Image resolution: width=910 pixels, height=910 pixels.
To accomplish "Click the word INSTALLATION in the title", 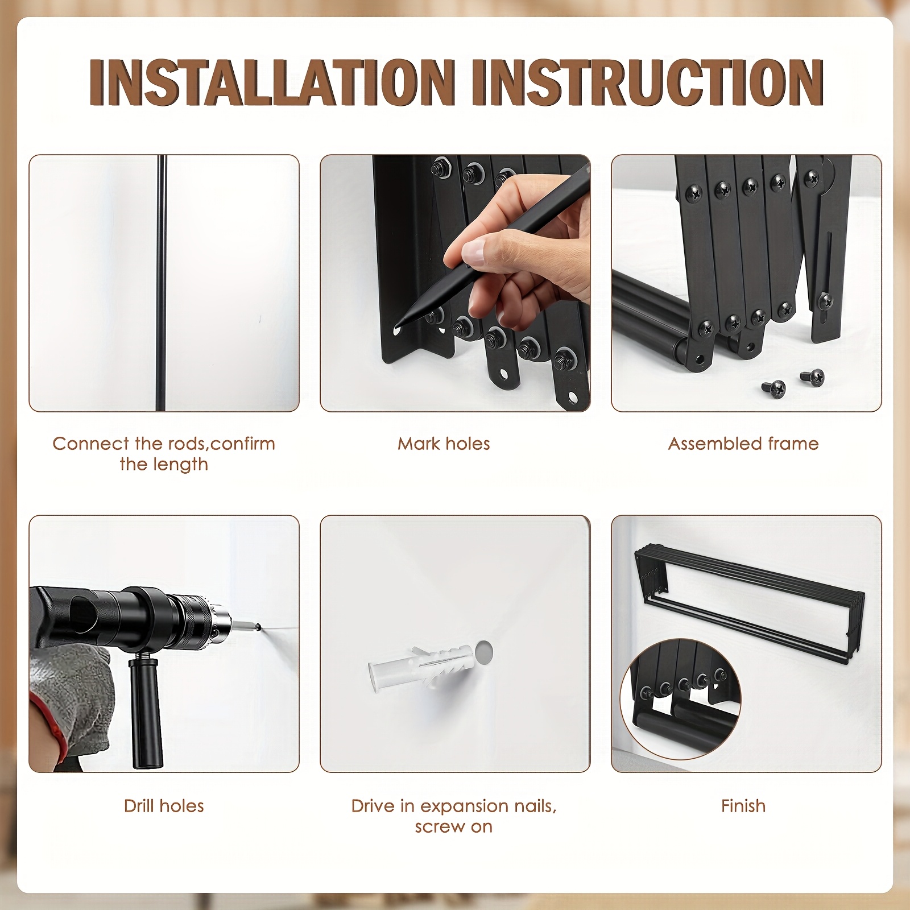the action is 272,82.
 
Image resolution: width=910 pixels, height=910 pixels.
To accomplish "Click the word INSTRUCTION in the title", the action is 648,82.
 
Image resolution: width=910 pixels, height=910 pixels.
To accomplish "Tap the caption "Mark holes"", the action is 444,444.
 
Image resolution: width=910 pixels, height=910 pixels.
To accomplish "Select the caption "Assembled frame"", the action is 743,444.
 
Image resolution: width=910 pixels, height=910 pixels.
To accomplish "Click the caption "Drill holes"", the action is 164,806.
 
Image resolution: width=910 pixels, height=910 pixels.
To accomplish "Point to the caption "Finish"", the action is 743,806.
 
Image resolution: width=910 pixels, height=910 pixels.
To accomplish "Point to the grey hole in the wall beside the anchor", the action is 484,652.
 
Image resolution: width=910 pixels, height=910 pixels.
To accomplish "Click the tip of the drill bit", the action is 259,627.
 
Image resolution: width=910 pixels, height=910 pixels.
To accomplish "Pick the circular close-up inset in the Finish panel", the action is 680,699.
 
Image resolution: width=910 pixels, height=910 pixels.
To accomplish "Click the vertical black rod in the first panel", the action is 162,283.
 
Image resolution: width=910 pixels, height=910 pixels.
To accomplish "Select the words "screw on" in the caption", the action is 453,827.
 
